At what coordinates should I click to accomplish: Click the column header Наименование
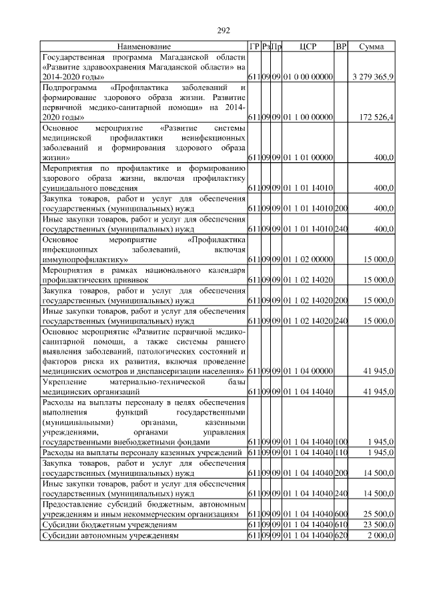[x=143, y=47]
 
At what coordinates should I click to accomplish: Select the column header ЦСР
[x=308, y=47]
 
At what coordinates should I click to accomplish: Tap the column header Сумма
[x=371, y=47]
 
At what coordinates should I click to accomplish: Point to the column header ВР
[x=341, y=47]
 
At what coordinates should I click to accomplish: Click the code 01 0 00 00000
[x=308, y=77]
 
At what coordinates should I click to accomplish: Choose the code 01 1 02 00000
[x=308, y=258]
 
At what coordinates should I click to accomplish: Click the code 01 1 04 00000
[x=308, y=370]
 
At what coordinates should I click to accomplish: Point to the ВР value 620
[x=341, y=535]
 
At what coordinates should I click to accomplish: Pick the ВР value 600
[x=341, y=515]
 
